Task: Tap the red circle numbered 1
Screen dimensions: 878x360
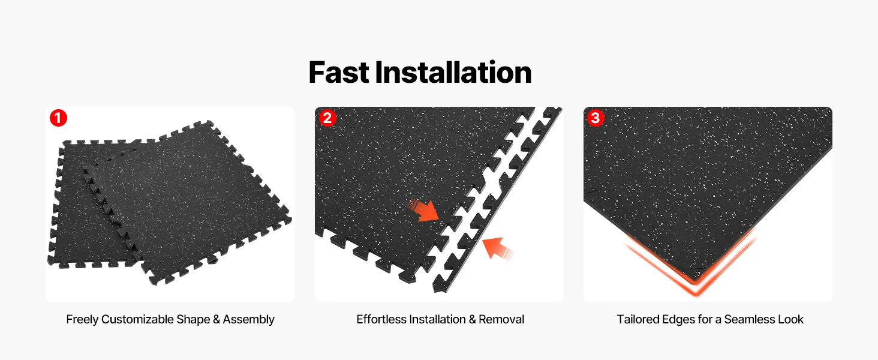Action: pyautogui.click(x=58, y=118)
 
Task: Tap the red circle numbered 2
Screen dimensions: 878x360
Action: pyautogui.click(x=327, y=117)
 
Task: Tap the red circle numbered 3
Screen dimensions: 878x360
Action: pyautogui.click(x=596, y=117)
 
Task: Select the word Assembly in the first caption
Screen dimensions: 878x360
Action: pyautogui.click(x=248, y=320)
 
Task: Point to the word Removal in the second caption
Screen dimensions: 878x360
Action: pyautogui.click(x=501, y=319)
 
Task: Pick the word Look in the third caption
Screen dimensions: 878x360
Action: pyautogui.click(x=791, y=319)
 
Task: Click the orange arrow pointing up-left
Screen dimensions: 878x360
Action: pyautogui.click(x=497, y=248)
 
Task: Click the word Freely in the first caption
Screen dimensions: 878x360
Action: pyautogui.click(x=82, y=320)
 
